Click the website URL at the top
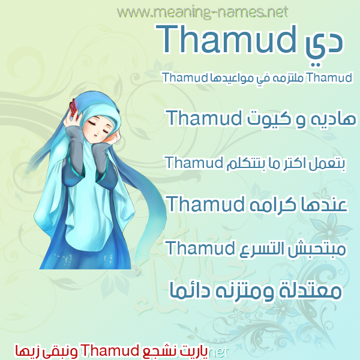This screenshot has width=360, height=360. pyautogui.click(x=203, y=13)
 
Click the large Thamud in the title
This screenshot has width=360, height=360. pyautogui.click(x=226, y=39)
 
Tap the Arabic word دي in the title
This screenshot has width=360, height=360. pyautogui.click(x=323, y=47)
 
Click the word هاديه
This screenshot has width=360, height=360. pyautogui.click(x=333, y=119)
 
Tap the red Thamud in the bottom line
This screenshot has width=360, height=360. pyautogui.click(x=109, y=351)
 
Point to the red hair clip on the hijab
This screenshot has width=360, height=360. pyautogui.click(x=74, y=107)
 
